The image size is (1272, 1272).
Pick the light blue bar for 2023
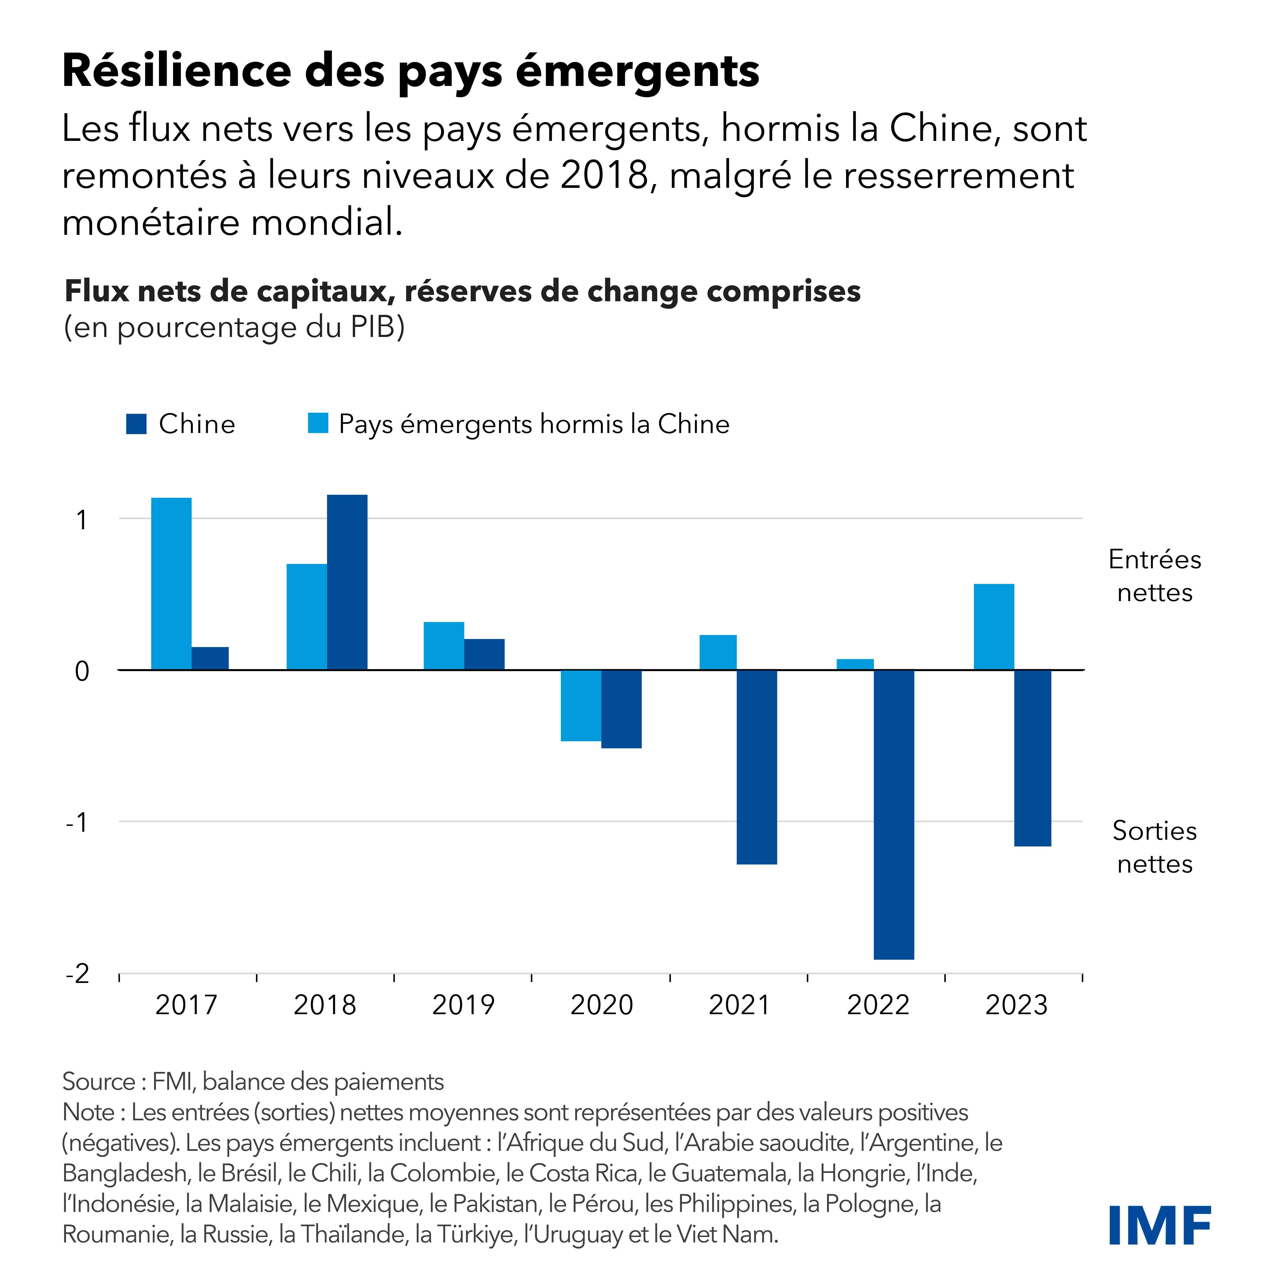coord(994,627)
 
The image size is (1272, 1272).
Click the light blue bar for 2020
coord(581,705)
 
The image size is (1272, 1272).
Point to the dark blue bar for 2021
coord(757,767)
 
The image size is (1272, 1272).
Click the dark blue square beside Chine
coord(136,424)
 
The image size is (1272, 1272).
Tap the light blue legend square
coord(318,423)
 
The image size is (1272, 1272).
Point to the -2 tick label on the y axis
coord(78,973)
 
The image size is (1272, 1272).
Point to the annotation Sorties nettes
coord(1155,847)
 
